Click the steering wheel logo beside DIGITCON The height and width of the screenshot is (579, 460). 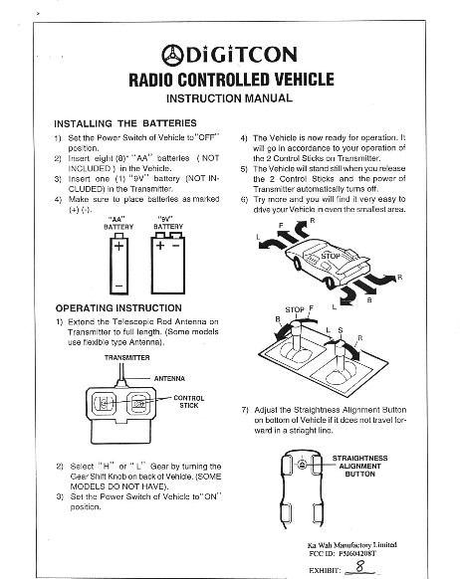[x=172, y=56]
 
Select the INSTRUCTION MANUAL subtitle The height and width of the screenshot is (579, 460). [x=229, y=98]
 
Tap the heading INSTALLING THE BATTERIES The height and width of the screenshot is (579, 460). [x=125, y=123]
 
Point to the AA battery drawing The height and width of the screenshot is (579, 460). [x=118, y=264]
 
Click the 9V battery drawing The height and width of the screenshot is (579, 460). [x=167, y=263]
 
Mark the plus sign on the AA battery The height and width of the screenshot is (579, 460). [x=118, y=246]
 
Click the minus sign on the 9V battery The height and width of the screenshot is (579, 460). [x=176, y=245]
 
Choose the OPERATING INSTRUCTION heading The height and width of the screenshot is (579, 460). [x=118, y=308]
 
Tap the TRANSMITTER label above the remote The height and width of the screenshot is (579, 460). [x=127, y=357]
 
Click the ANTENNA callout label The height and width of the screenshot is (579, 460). [x=169, y=378]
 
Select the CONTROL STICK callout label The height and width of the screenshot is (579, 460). [x=189, y=402]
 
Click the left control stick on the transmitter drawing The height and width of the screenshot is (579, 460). [x=104, y=403]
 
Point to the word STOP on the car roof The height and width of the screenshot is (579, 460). [x=331, y=256]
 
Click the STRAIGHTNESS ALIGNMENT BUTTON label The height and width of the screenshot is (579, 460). [x=359, y=466]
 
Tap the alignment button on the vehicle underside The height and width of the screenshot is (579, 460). [x=302, y=465]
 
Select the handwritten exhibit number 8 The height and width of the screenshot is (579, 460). [x=359, y=566]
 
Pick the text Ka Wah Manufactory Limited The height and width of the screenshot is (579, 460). [x=352, y=545]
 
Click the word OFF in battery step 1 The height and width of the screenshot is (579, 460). [x=207, y=137]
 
